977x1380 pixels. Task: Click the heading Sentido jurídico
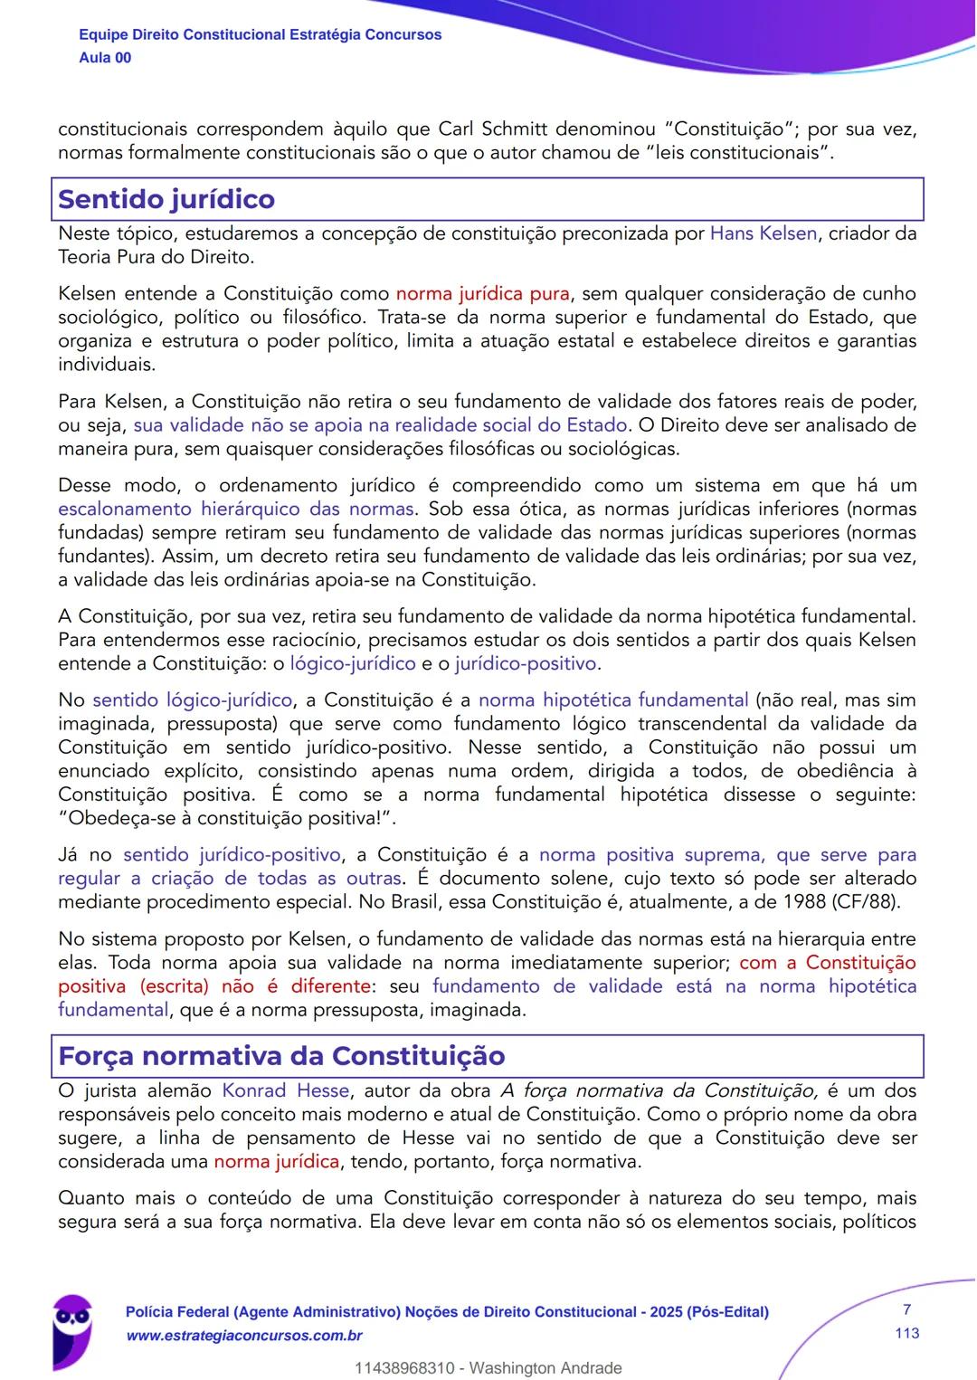point(166,199)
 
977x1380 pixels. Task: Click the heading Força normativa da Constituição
point(281,1056)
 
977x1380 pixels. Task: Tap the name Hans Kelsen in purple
point(764,233)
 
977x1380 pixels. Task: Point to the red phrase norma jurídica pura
point(483,293)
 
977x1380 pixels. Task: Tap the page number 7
point(906,1309)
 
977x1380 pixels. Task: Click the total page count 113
point(906,1333)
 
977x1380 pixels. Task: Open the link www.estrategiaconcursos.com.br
point(244,1336)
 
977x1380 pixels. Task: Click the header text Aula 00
point(105,58)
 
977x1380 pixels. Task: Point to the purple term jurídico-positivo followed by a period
point(526,663)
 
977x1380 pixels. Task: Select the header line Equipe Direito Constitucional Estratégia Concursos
point(261,34)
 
